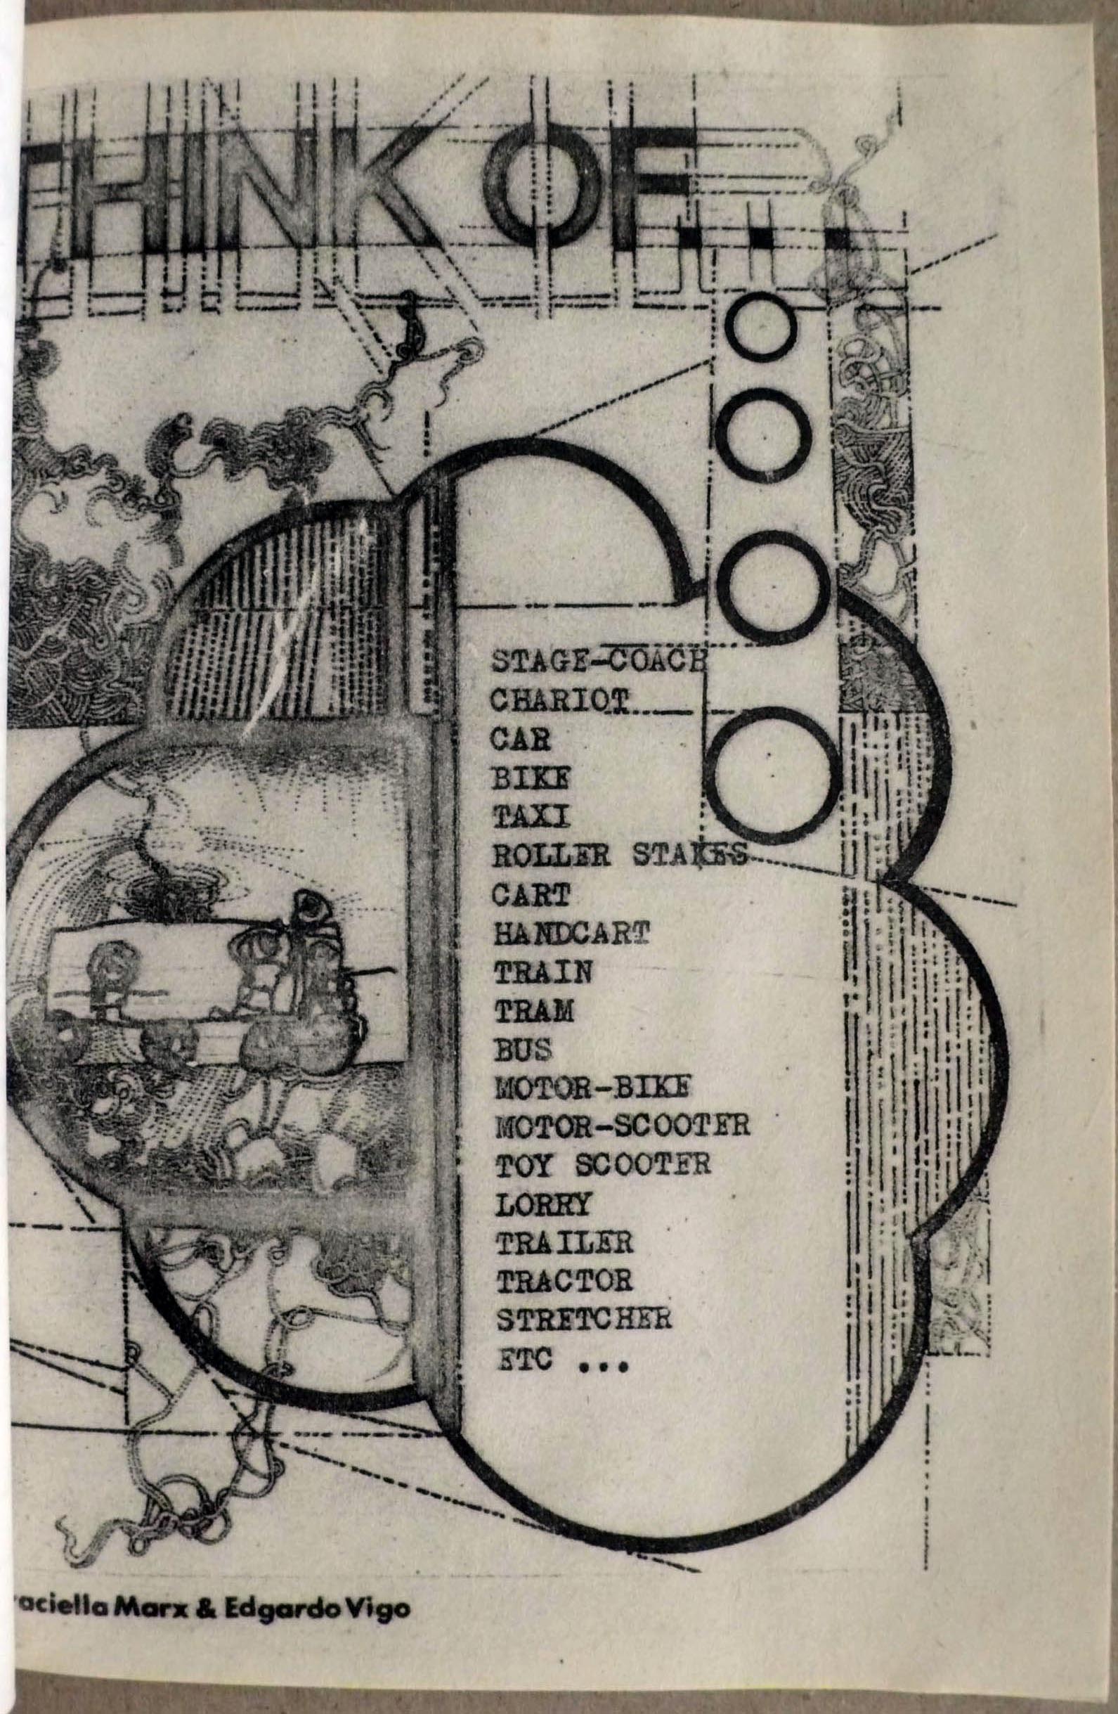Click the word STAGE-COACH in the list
tap(597, 662)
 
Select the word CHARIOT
tap(562, 700)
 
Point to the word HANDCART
tap(572, 934)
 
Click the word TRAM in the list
tap(534, 1012)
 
